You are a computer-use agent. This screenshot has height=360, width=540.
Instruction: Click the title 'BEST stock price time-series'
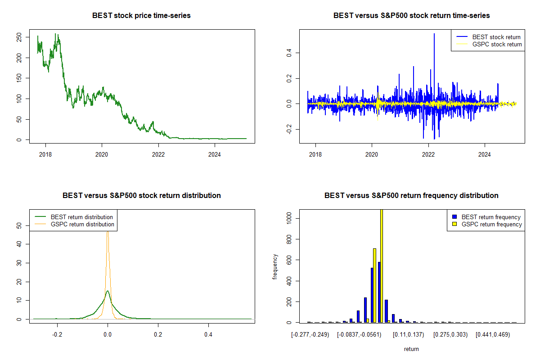click(141, 16)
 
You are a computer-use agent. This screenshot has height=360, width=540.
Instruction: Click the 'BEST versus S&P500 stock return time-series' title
click(411, 16)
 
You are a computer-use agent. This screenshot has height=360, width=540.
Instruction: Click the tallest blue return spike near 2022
click(434, 34)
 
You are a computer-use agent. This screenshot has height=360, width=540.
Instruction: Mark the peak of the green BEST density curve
click(108, 291)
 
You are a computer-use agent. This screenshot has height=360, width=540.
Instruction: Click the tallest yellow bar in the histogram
click(382, 265)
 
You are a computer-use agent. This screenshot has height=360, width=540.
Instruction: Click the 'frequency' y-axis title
click(275, 267)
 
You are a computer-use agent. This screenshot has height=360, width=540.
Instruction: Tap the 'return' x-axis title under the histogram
click(411, 349)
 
